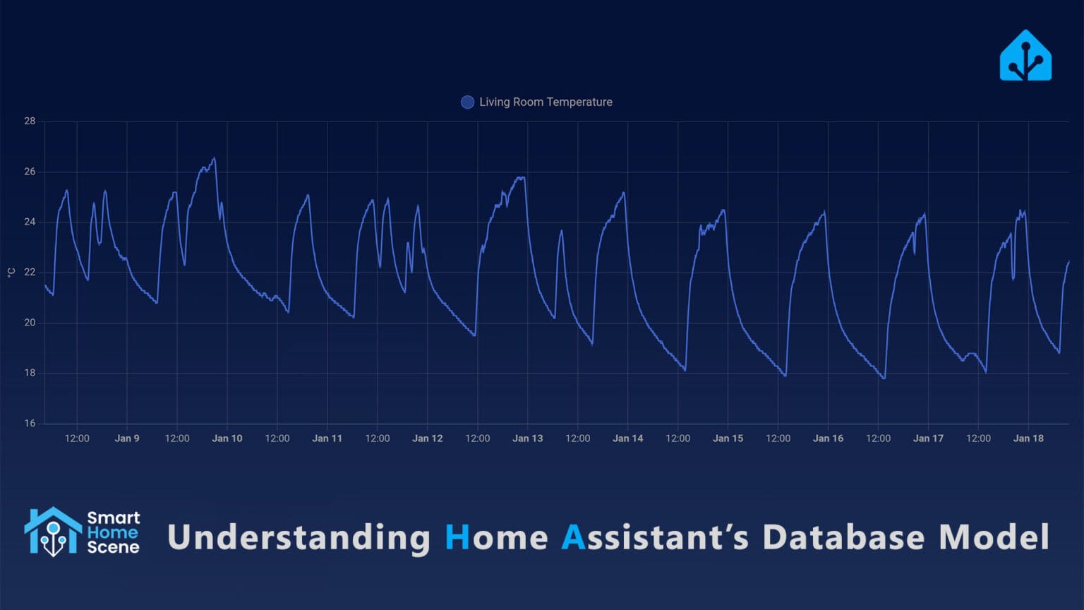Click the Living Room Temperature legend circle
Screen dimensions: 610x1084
coord(467,102)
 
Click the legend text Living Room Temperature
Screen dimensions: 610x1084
coord(546,102)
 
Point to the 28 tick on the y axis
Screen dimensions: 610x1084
coord(30,121)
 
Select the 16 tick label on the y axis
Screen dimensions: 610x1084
coord(30,423)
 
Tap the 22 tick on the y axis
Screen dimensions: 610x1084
coord(30,272)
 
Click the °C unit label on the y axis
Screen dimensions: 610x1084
coord(11,273)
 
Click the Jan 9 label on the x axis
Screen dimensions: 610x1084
coord(127,438)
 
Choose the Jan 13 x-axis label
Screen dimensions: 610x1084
coord(527,438)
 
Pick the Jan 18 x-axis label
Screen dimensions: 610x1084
coord(1028,438)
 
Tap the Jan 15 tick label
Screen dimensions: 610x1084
coord(728,438)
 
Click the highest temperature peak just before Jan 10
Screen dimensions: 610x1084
coord(214,159)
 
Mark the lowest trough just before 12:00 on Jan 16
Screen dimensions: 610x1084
coord(883,378)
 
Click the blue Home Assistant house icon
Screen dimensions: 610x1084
coord(1025,56)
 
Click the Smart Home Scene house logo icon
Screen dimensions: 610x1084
coord(53,532)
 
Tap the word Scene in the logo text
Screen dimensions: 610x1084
coord(113,547)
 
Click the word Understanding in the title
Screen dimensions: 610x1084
coord(299,537)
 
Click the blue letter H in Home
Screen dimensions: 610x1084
coord(457,537)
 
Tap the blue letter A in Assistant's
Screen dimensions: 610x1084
coord(573,537)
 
